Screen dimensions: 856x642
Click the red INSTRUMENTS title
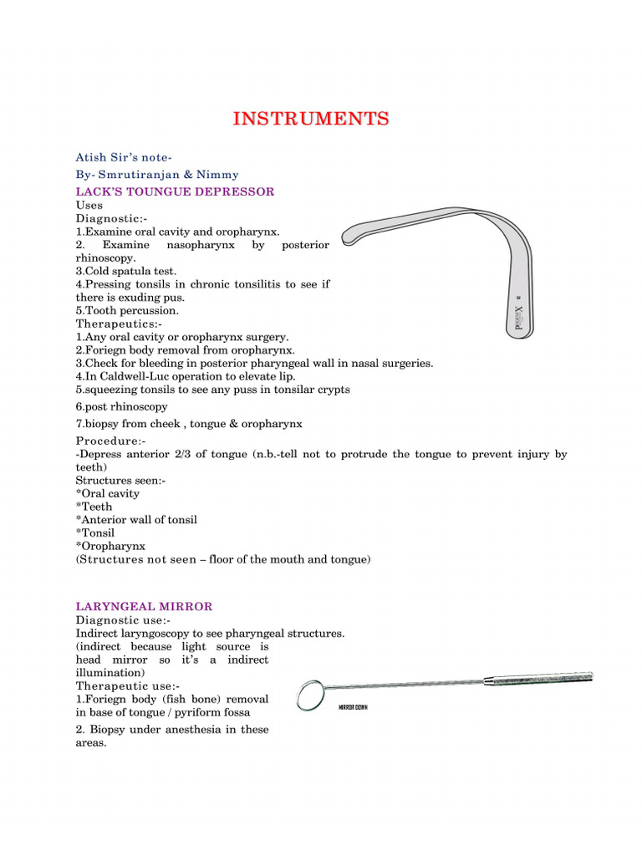[x=311, y=119]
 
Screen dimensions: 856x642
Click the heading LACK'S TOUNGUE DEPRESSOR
[x=175, y=191]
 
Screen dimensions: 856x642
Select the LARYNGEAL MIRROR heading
[x=144, y=606]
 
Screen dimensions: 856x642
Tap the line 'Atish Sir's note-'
[x=124, y=157]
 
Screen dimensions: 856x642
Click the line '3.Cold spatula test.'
[x=126, y=271]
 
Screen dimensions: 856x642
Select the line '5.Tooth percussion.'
[x=127, y=310]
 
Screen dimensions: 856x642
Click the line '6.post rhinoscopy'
[x=121, y=406]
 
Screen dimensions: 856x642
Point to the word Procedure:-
[x=110, y=441]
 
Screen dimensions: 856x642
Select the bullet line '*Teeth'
[x=94, y=507]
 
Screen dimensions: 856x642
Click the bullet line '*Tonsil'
[x=95, y=532]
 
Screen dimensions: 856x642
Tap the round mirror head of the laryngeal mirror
[x=309, y=693]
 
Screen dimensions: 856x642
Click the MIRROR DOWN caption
[x=353, y=707]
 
